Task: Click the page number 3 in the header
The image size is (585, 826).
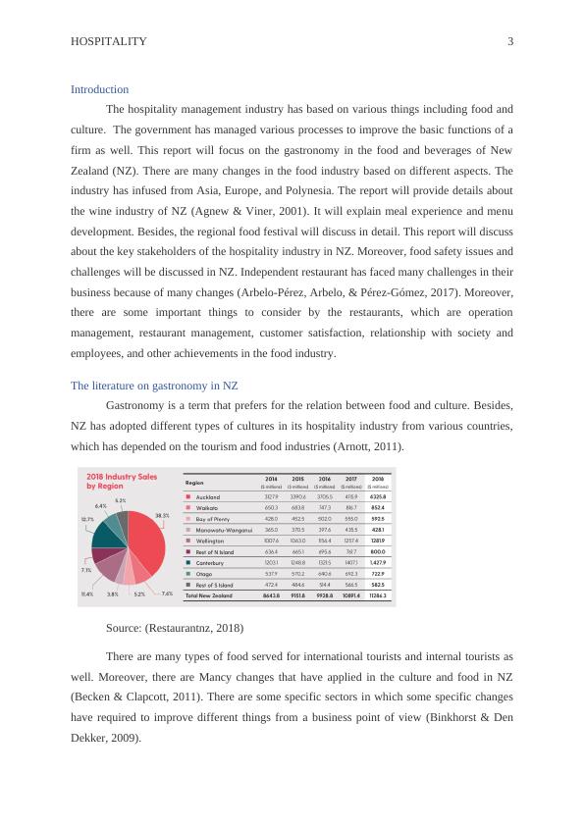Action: point(510,41)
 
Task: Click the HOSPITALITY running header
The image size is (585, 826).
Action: point(109,41)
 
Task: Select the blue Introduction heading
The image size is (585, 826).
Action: point(99,89)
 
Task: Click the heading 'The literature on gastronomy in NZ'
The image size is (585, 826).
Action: point(154,386)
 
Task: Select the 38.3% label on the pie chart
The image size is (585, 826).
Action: point(162,515)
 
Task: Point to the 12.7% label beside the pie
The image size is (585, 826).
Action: point(87,519)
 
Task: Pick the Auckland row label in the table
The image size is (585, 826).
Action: point(208,497)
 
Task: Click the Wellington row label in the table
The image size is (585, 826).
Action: point(210,541)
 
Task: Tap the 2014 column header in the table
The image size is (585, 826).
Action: point(270,480)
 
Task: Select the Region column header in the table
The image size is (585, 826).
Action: point(194,482)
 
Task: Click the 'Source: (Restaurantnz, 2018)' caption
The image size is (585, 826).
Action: point(174,627)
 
